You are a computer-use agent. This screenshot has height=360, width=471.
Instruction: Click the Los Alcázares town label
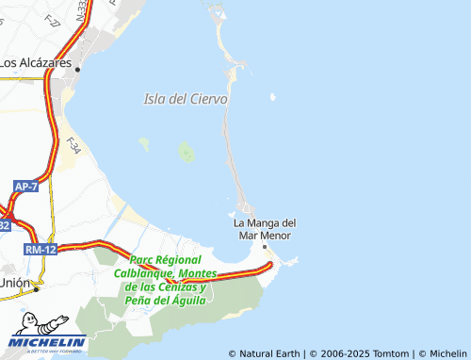click(36, 62)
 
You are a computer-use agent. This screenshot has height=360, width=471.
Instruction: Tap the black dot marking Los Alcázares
click(79, 69)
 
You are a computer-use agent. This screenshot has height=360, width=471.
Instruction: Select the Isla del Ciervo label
click(186, 98)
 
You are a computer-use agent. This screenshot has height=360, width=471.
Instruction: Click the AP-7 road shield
click(25, 188)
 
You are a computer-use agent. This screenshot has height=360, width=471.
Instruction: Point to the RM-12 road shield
click(41, 249)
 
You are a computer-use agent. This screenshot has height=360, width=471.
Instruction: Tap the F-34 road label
click(73, 147)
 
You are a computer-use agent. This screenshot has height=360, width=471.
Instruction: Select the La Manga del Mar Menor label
click(265, 229)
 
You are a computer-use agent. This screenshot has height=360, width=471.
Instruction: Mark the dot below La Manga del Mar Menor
click(265, 247)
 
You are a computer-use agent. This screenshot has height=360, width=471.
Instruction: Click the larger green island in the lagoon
click(187, 152)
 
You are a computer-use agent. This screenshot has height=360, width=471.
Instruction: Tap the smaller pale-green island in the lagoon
click(144, 143)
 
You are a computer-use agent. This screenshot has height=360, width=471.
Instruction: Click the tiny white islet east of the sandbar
click(272, 97)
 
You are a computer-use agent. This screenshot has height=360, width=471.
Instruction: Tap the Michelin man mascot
click(35, 322)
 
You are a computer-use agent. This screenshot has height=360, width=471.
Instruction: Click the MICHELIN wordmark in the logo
click(49, 341)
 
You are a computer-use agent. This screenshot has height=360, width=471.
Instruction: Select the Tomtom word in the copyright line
click(394, 353)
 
